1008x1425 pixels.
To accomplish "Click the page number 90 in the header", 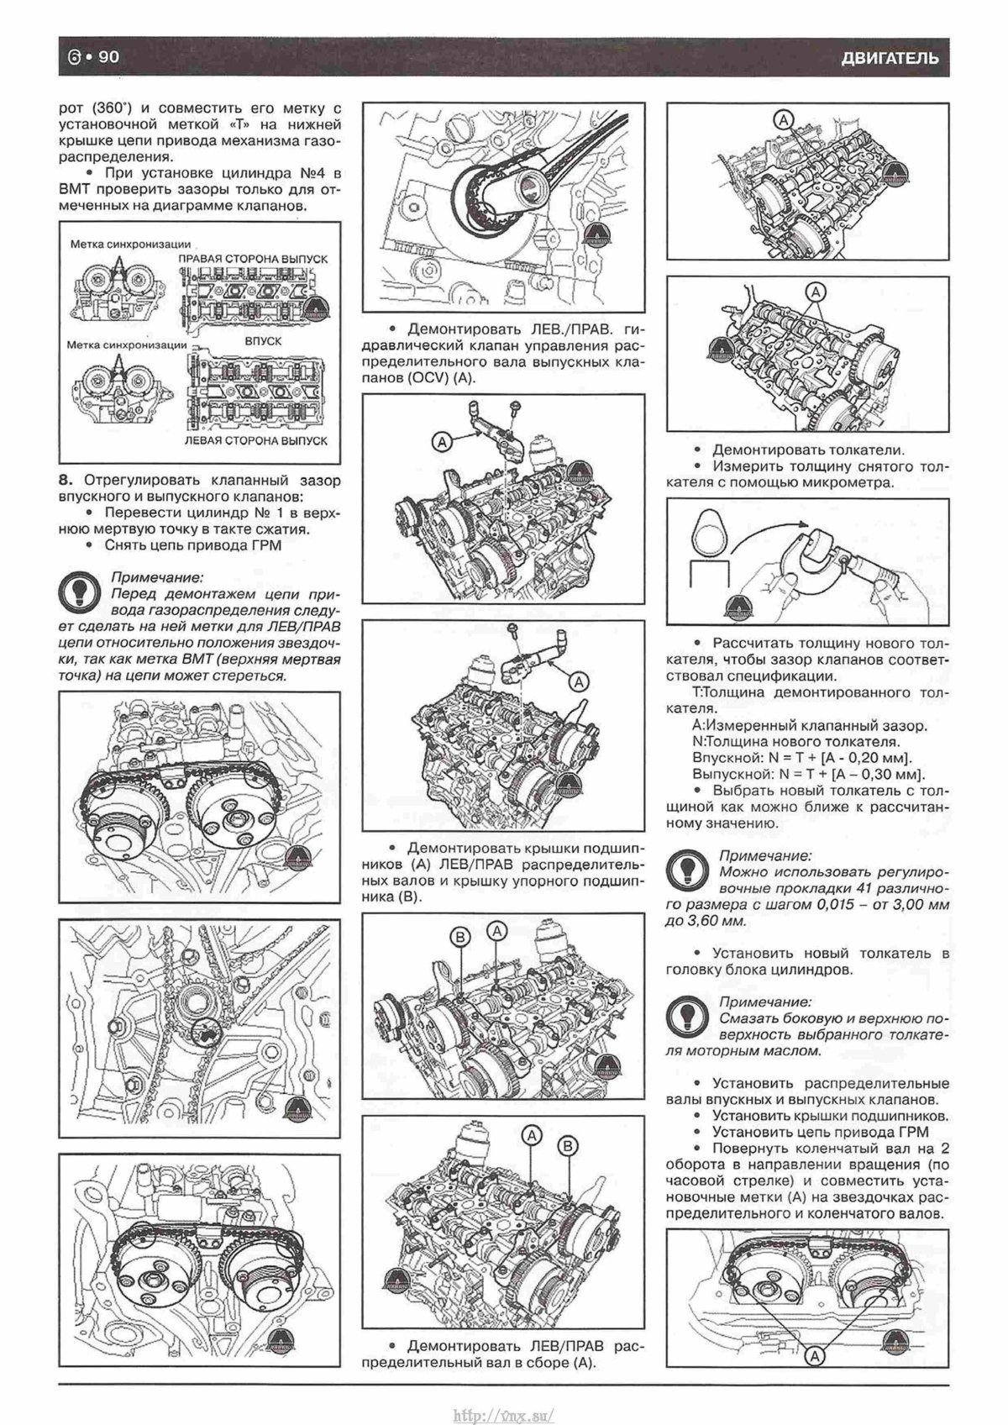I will point(110,57).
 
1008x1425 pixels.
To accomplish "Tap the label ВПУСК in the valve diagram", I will point(263,342).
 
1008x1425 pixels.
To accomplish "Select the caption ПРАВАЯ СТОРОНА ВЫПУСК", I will point(253,260).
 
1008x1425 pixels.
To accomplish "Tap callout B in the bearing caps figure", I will point(460,936).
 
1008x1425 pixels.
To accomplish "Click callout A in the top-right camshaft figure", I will point(783,119).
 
